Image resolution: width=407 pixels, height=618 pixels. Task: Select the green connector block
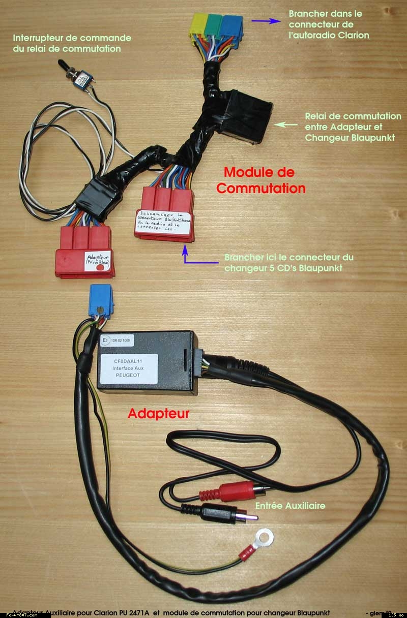(214, 26)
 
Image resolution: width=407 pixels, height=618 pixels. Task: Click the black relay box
(246, 116)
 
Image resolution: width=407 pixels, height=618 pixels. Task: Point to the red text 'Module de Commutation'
(260, 180)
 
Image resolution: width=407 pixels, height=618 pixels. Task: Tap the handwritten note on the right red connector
(163, 221)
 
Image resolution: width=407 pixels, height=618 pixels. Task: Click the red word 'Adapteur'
(158, 414)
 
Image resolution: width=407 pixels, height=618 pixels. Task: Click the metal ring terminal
(264, 535)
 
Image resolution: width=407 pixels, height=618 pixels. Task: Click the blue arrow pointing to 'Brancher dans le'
(268, 21)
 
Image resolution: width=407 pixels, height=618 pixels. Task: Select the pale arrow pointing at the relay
(285, 123)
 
